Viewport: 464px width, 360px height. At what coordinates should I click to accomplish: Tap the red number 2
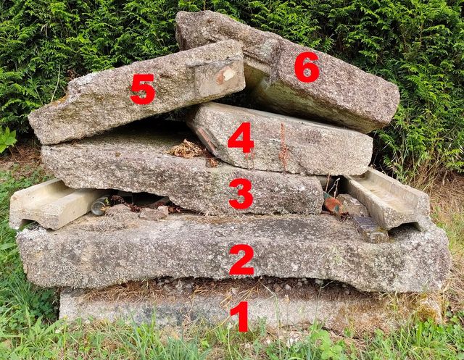pos(241,260)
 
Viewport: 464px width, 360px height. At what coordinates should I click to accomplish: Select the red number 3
pos(241,193)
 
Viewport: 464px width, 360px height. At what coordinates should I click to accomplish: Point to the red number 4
pos(241,138)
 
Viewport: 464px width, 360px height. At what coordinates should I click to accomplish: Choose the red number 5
pos(143,89)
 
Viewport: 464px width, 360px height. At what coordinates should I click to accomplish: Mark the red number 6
pos(307,67)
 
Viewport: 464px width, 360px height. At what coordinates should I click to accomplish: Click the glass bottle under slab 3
pos(100,205)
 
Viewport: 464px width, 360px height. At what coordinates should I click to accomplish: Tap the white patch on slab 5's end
pos(228,74)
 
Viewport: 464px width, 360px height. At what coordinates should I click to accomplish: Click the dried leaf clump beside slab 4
pos(187,149)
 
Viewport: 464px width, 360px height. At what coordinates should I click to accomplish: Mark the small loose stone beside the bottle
pos(154,212)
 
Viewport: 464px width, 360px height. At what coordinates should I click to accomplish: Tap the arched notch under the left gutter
pos(26,225)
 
